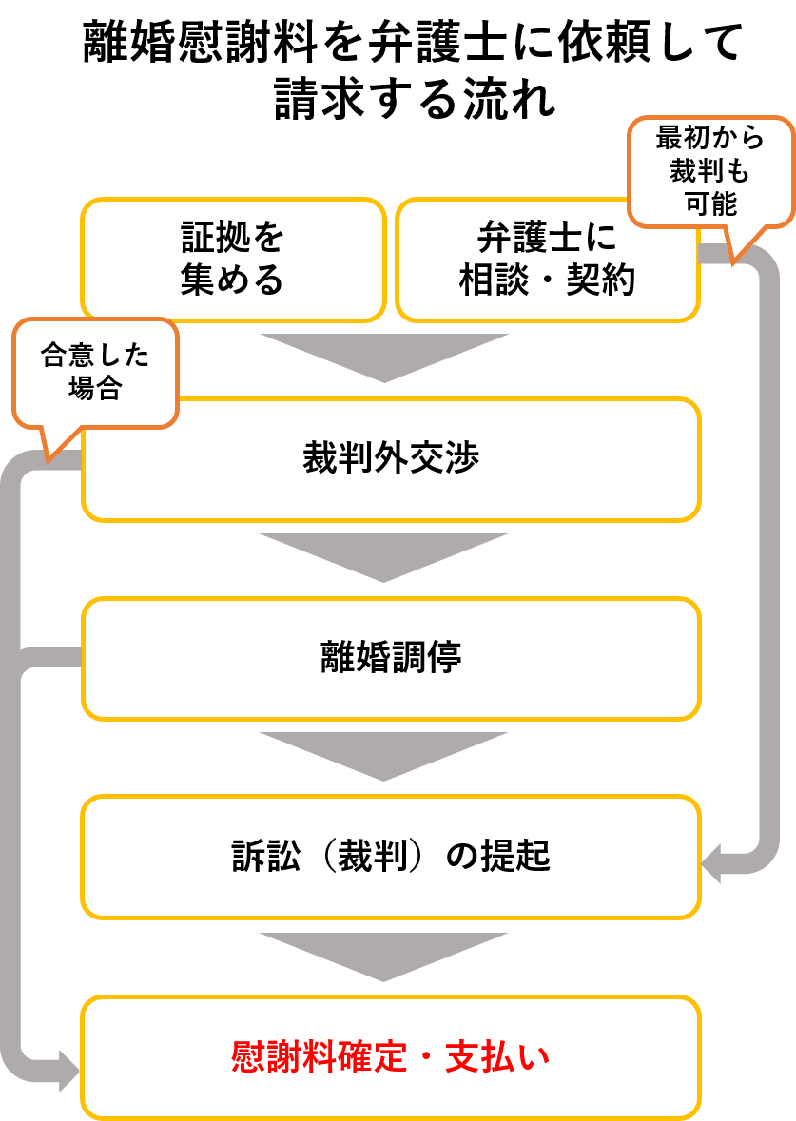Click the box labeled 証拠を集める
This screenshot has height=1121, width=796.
pyautogui.click(x=233, y=260)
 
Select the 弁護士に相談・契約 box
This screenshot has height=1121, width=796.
pyautogui.click(x=547, y=260)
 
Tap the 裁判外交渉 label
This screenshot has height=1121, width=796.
pyautogui.click(x=391, y=457)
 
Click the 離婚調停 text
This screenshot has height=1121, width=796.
pyautogui.click(x=391, y=657)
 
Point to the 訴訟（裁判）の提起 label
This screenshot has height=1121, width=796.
pyautogui.click(x=391, y=856)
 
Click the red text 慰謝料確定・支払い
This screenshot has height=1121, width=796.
pyautogui.click(x=391, y=1056)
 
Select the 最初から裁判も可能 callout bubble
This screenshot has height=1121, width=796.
pyautogui.click(x=711, y=171)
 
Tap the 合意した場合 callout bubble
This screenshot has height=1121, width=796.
pyautogui.click(x=95, y=373)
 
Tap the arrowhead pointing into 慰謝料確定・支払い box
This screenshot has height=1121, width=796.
pyautogui.click(x=69, y=1071)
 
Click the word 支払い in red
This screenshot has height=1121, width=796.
pyautogui.click(x=497, y=1056)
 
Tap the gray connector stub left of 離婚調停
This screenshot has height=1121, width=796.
pyautogui.click(x=50, y=656)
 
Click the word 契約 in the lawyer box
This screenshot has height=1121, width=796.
pyautogui.click(x=601, y=280)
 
